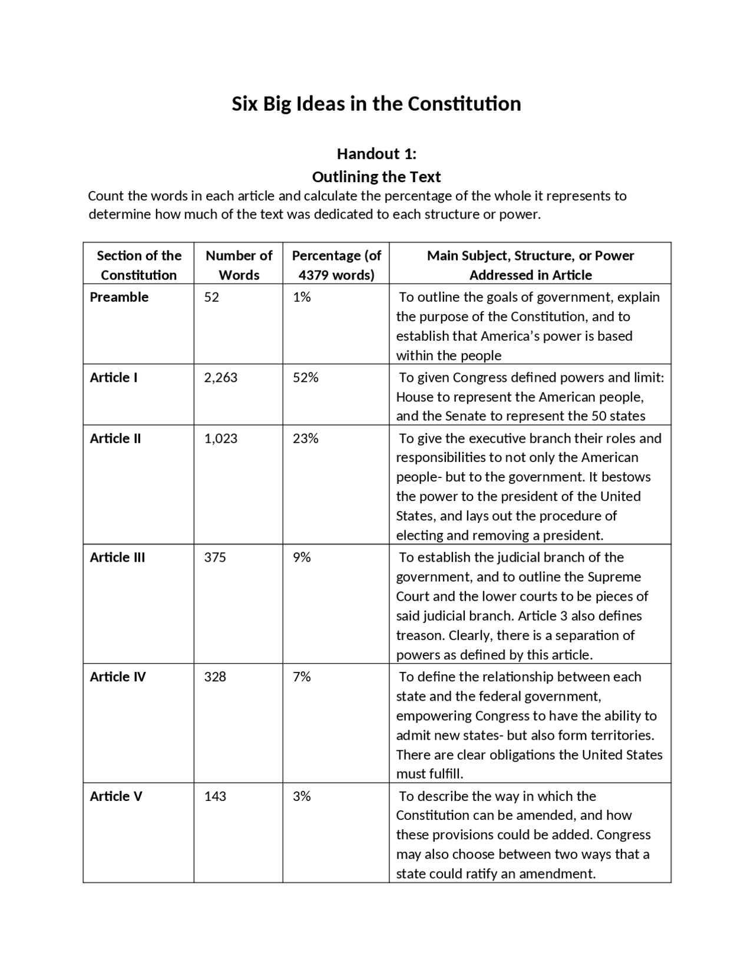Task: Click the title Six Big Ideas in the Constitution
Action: [x=376, y=104]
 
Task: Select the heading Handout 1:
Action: [x=376, y=154]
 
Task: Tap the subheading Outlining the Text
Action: [x=376, y=177]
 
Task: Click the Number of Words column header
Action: [x=239, y=265]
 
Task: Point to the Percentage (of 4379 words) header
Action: [x=336, y=265]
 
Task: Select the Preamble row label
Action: [x=119, y=297]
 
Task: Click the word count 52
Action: [x=211, y=297]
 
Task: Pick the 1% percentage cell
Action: [x=302, y=297]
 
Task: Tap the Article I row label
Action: [x=114, y=378]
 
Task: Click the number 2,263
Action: [x=221, y=378]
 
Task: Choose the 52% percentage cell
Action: [x=305, y=378]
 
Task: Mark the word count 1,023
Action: [x=221, y=438]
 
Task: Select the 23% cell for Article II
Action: [x=305, y=438]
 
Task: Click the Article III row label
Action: [x=117, y=558]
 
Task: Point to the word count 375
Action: [x=215, y=558]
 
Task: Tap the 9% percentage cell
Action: [x=302, y=558]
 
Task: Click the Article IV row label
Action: [x=118, y=677]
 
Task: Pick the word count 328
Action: [x=215, y=677]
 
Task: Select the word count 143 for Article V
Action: [x=215, y=796]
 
